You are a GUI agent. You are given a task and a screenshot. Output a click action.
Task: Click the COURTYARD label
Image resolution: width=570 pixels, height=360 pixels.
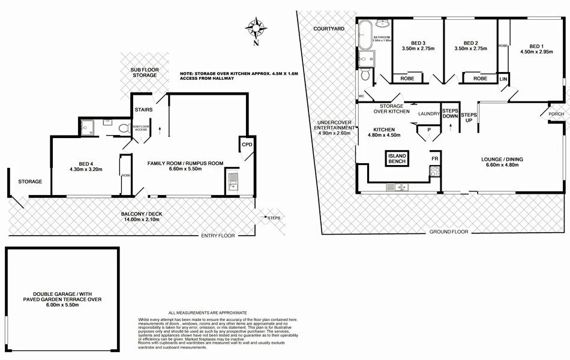point(328,28)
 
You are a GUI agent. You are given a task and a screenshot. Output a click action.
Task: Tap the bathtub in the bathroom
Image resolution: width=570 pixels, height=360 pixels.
point(365,35)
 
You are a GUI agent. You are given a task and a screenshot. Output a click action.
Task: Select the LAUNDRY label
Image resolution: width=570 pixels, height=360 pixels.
point(430,114)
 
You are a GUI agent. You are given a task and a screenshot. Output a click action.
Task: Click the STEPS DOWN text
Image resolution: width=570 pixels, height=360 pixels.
point(450,114)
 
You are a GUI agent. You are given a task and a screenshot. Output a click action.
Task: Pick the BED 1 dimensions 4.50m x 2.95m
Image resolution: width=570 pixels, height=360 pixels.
point(535,51)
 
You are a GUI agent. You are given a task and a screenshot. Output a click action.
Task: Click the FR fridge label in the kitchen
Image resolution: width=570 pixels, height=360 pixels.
point(434,158)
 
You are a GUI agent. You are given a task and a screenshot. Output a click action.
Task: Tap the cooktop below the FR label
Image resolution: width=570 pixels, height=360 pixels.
point(435,171)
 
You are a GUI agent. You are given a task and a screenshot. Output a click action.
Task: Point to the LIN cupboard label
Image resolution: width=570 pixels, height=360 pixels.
point(503,79)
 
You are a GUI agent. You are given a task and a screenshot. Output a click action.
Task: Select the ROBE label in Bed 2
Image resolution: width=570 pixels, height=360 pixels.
point(480,79)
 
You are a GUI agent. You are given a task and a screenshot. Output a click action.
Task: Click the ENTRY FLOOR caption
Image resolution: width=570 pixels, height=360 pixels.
point(218,235)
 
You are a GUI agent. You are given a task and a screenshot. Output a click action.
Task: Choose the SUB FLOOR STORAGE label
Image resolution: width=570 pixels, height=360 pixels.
point(145,73)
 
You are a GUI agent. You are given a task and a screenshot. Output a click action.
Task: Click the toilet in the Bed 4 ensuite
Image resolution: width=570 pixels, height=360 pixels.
point(124,128)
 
